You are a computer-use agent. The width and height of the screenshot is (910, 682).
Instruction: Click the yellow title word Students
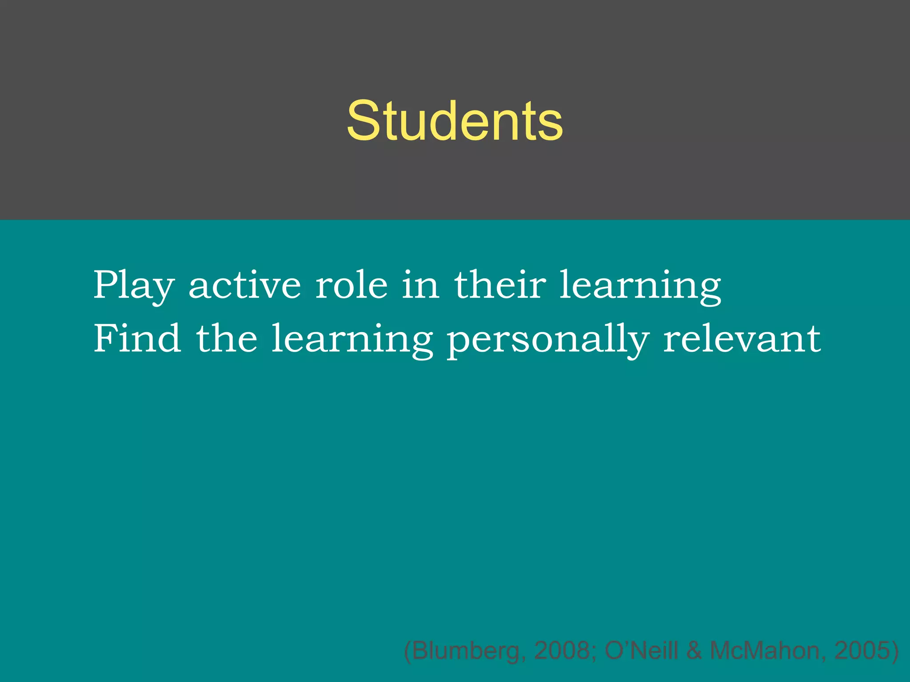[x=455, y=121]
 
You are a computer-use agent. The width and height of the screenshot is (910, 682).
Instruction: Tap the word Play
[x=133, y=285]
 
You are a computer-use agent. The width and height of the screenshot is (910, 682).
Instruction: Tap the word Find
[x=137, y=338]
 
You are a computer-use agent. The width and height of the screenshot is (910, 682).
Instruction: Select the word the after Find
[x=227, y=338]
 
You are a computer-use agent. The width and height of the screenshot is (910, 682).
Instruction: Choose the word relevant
[x=742, y=338]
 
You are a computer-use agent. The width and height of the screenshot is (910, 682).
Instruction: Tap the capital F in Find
[x=105, y=338]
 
